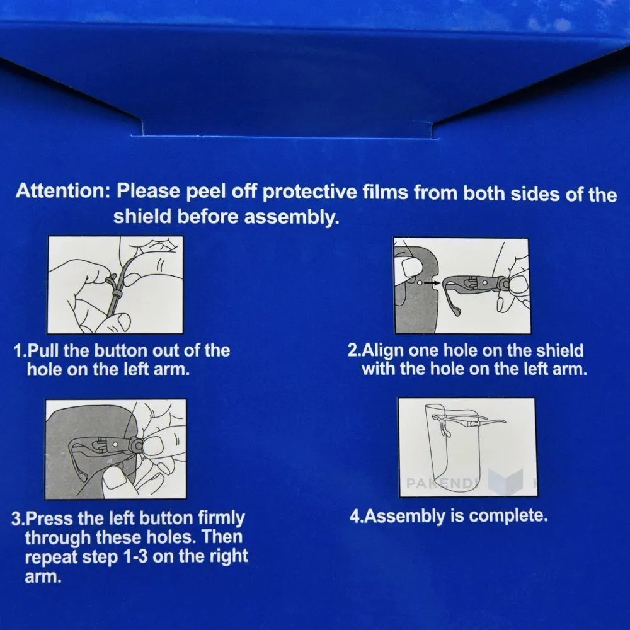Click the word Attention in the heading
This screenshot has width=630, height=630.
[62, 190]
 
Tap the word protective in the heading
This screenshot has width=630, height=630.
[309, 192]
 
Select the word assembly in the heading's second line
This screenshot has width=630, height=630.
[291, 217]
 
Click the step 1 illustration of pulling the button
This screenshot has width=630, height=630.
[115, 285]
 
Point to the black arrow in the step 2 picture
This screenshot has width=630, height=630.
[432, 283]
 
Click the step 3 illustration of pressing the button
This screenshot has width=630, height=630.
[116, 449]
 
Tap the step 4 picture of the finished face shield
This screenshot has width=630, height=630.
[467, 447]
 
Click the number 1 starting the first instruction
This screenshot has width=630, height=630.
[18, 351]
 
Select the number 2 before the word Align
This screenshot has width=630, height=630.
[353, 350]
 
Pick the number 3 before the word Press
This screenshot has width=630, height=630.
[16, 518]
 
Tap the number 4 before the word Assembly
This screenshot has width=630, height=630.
[354, 516]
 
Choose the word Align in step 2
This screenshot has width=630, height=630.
[383, 351]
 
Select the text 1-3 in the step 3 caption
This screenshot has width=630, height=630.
[135, 557]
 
